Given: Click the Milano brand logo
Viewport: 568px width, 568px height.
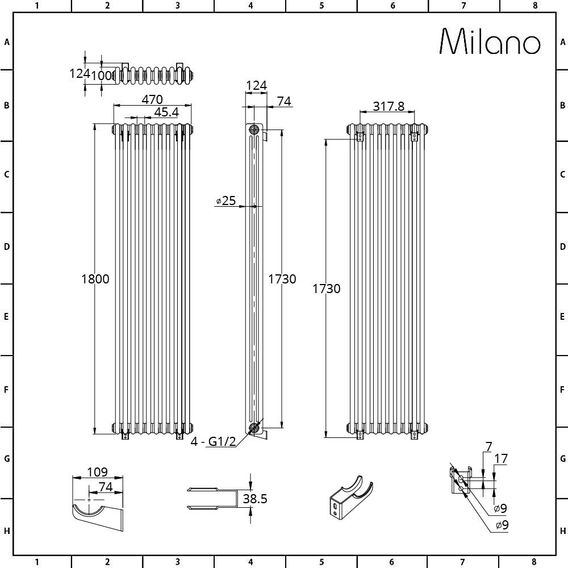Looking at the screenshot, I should tap(490, 42).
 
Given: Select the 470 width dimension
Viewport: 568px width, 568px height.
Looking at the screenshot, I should tap(152, 99).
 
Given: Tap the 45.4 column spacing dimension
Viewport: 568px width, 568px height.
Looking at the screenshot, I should tap(166, 112).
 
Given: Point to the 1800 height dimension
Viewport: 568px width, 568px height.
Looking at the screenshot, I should tap(95, 279).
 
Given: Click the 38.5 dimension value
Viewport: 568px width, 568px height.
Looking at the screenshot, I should tap(254, 499).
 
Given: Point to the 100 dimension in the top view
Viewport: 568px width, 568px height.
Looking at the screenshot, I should tap(102, 75).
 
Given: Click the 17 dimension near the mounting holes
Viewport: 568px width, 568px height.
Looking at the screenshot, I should tap(500, 458).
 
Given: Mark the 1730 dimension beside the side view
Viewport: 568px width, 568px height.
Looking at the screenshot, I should tap(282, 279).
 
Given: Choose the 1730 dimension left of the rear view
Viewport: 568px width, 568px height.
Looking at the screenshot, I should tap(327, 289).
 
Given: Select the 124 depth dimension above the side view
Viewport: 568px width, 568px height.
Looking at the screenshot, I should tap(256, 86).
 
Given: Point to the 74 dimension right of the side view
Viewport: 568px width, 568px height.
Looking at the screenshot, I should tap(284, 101).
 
